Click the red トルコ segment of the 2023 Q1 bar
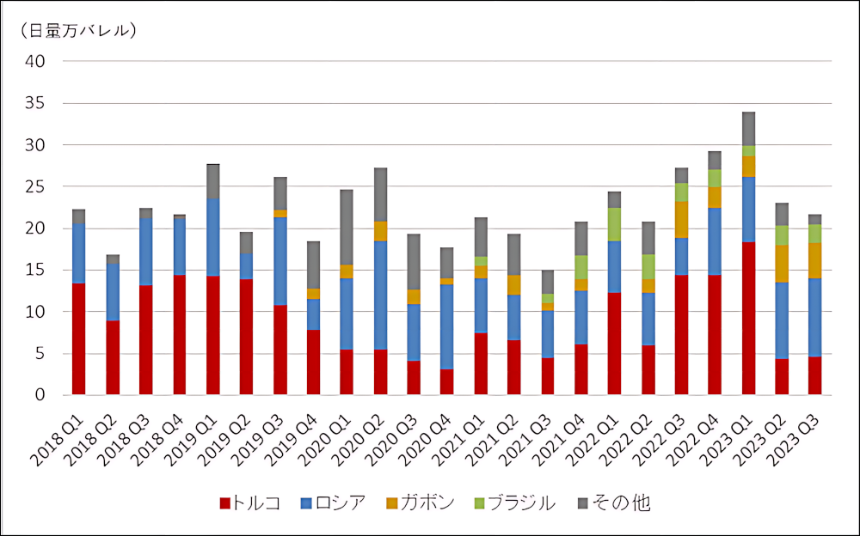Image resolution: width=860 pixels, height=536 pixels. pyautogui.click(x=748, y=318)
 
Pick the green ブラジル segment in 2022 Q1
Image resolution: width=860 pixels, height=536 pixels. pyautogui.click(x=614, y=224)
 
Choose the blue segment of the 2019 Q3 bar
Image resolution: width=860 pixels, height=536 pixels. pyautogui.click(x=279, y=261)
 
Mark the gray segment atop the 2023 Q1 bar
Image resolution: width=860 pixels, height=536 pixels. pyautogui.click(x=748, y=129)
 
